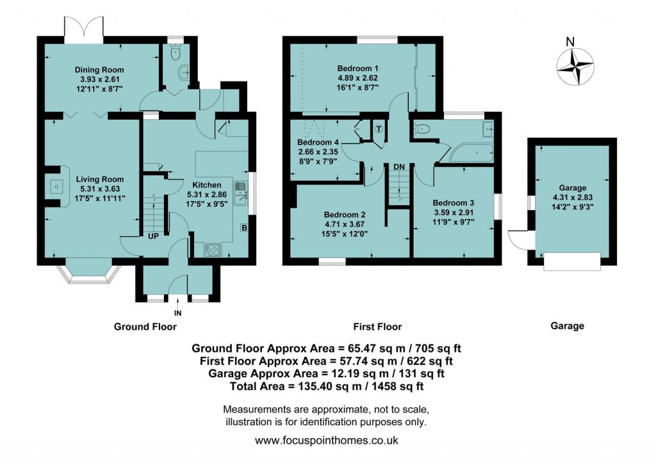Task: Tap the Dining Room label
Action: coord(99,70)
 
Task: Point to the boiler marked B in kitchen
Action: coord(243,227)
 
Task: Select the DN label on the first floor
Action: coord(399,167)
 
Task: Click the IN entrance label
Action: coord(177,314)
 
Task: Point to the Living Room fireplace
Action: coord(56,187)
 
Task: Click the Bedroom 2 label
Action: coord(345,214)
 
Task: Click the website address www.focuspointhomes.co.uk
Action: coord(327,441)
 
